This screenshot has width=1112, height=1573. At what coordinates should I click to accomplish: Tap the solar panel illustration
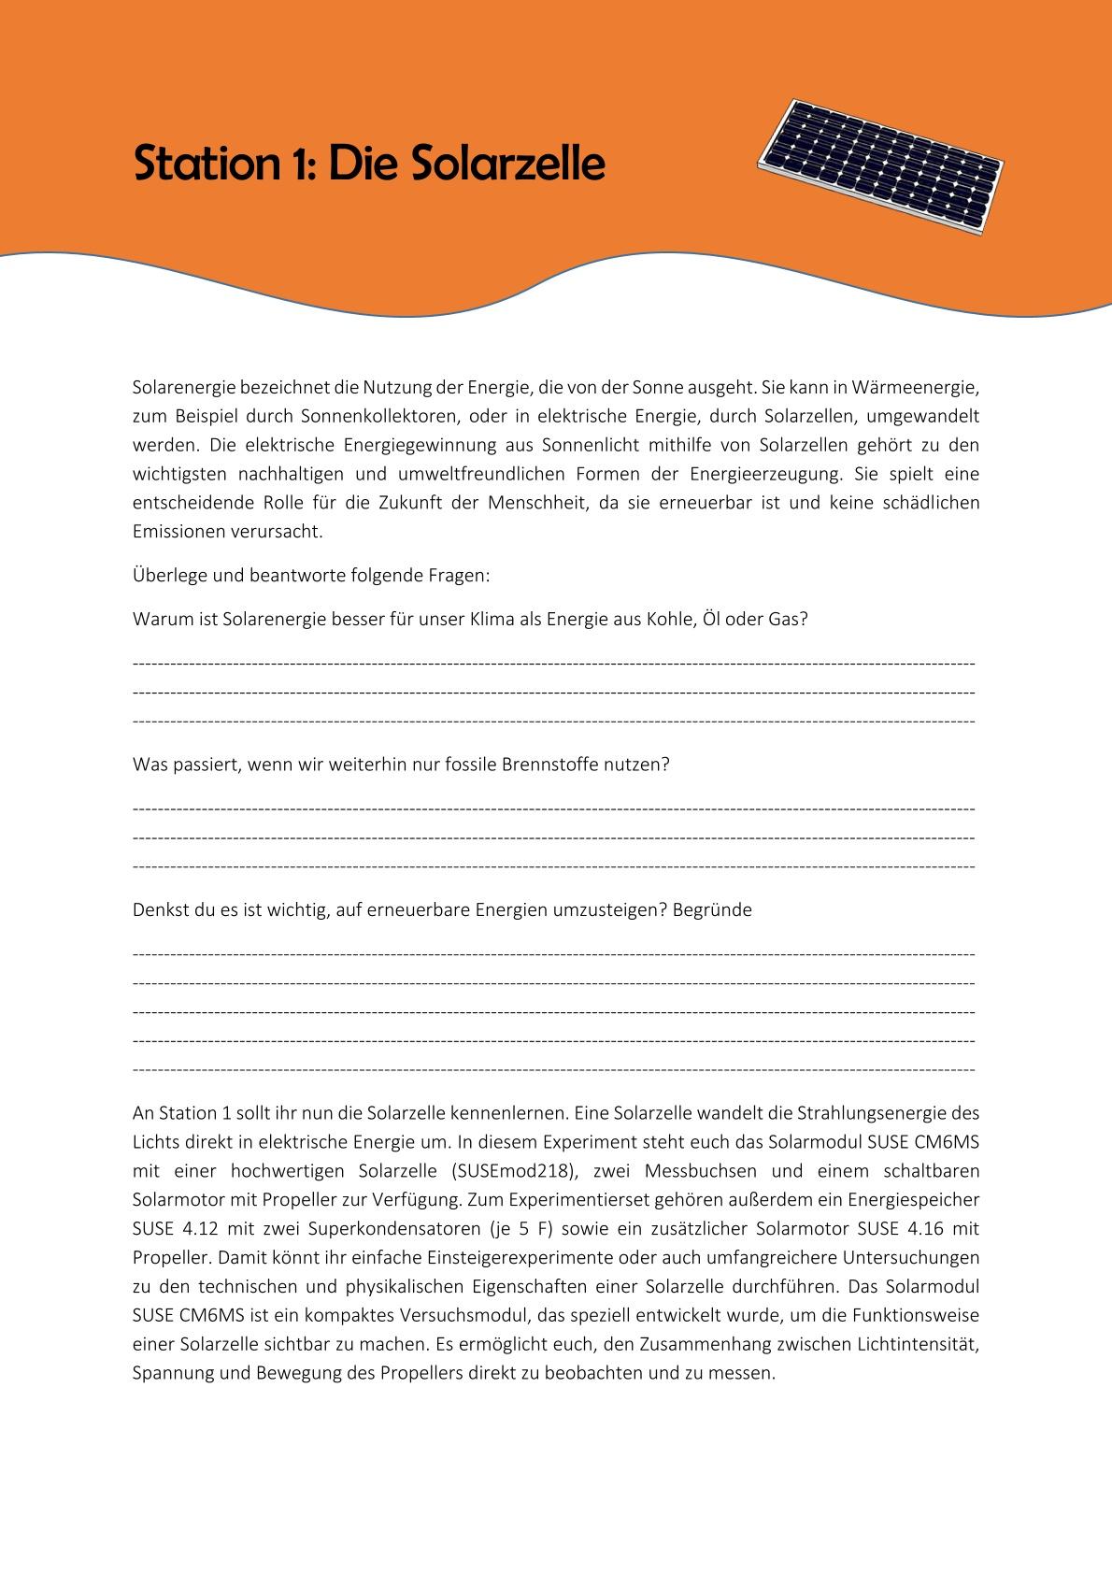882,165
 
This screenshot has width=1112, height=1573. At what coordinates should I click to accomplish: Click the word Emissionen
175,532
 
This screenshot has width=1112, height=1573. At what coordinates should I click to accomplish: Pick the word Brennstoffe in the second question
552,764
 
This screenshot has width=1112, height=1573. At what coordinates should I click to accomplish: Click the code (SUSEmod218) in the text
511,1171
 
